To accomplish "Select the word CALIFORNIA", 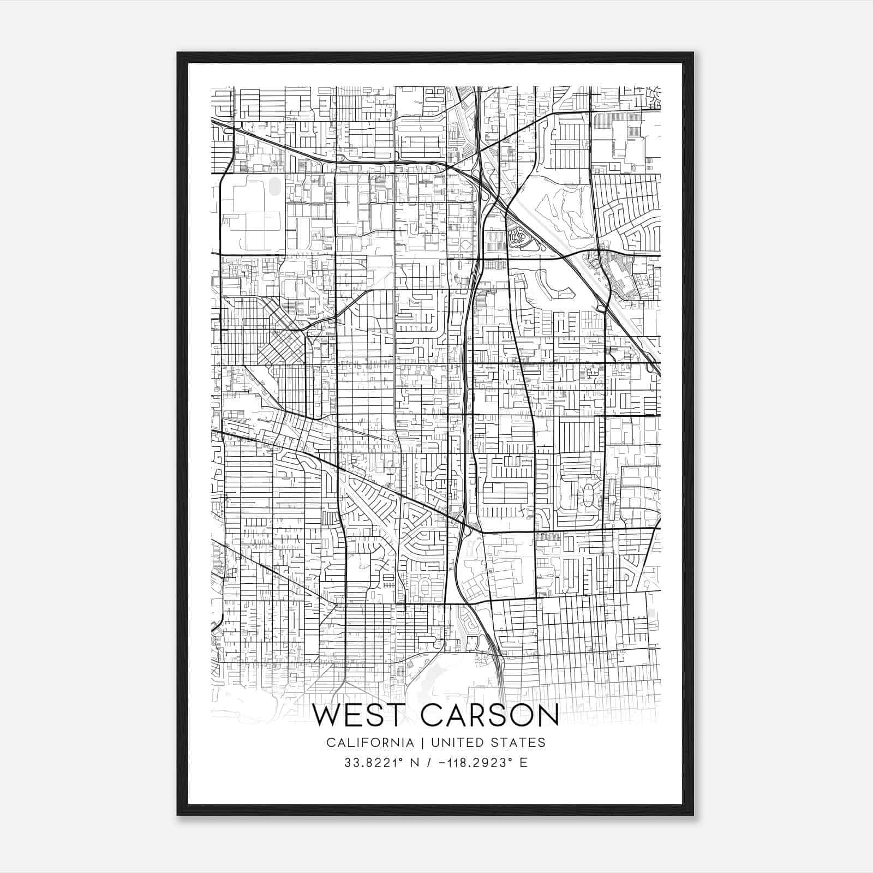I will point(369,743).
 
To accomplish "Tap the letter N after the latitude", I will point(415,763).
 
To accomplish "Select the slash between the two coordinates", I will point(432,763).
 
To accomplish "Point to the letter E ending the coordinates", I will point(524,763).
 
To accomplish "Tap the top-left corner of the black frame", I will point(178,53).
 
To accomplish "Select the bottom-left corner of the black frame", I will point(178,814).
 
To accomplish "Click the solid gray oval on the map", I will point(274,186).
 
